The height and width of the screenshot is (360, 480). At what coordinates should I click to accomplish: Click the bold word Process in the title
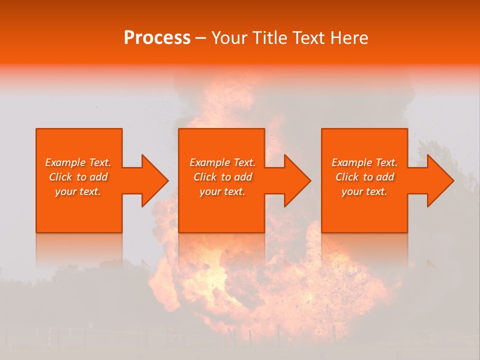coord(157,38)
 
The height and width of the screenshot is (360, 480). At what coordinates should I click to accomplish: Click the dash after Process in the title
coord(201,38)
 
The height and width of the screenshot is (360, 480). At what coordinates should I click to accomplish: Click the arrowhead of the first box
coord(153,180)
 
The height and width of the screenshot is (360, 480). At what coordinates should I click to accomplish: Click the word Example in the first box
coord(65,162)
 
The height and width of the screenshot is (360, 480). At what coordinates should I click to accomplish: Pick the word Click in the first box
coord(61,177)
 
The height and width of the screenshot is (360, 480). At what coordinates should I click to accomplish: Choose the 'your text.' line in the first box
coord(78,191)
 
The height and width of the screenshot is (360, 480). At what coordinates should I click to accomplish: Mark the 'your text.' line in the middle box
coord(222,191)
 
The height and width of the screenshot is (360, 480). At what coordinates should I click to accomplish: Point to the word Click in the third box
coord(347,177)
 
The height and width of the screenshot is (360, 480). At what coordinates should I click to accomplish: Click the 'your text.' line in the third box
coord(364,191)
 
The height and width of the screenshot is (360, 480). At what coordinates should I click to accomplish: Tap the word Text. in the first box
coord(99,162)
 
